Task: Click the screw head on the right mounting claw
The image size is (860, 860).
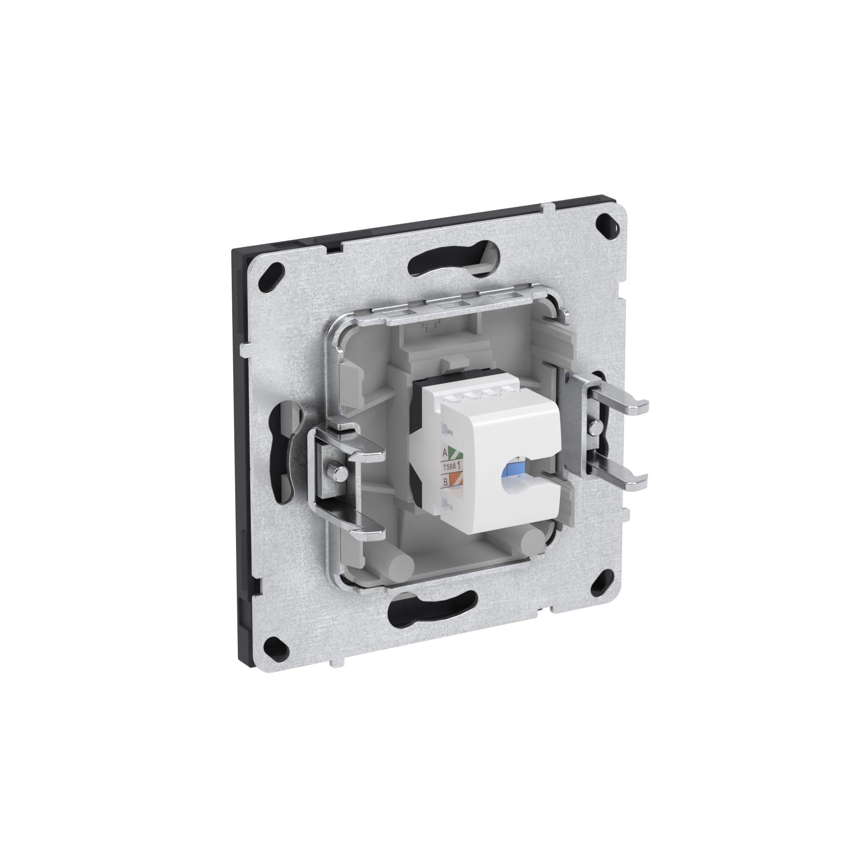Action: click(x=594, y=426)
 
